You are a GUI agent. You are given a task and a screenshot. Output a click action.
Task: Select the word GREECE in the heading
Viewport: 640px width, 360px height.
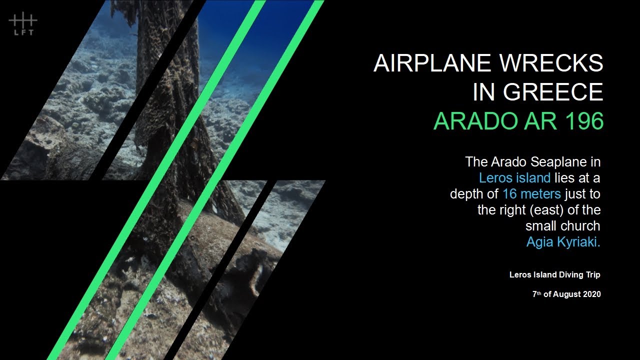coord(553,92)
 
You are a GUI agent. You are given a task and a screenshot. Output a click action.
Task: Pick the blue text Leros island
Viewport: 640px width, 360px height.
coord(514,177)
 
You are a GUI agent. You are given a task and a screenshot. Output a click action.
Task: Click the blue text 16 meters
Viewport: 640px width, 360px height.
coord(531,194)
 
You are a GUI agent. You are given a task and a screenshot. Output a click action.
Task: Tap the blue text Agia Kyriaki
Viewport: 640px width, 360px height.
coord(563,242)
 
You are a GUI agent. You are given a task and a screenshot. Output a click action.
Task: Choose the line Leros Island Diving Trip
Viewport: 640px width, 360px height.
coord(555,274)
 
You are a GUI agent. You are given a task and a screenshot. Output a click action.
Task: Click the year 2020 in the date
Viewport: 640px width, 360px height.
coord(590,294)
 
